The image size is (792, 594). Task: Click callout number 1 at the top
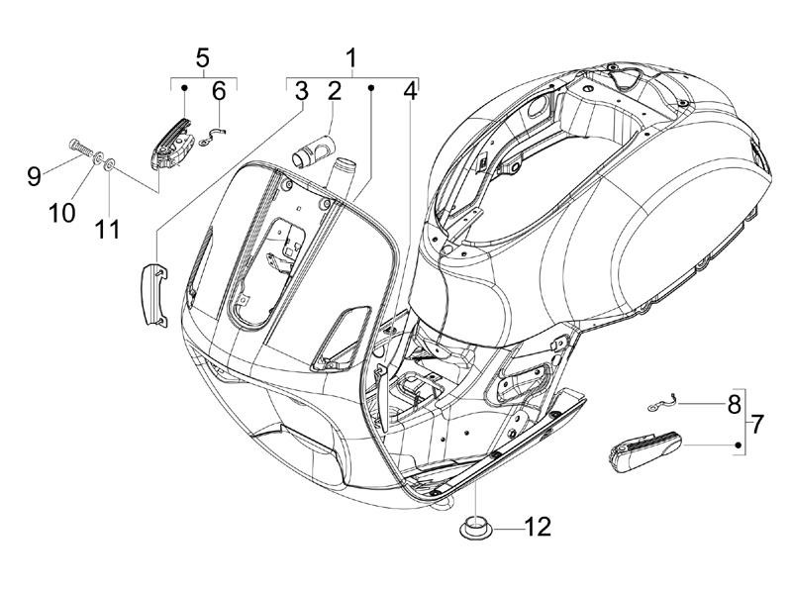[351, 56]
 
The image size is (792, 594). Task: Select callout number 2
[334, 92]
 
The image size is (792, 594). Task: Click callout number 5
[203, 56]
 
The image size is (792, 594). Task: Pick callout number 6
[219, 92]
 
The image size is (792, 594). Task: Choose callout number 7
[757, 425]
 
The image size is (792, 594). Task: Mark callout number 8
[734, 405]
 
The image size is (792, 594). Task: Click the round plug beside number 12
[475, 525]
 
